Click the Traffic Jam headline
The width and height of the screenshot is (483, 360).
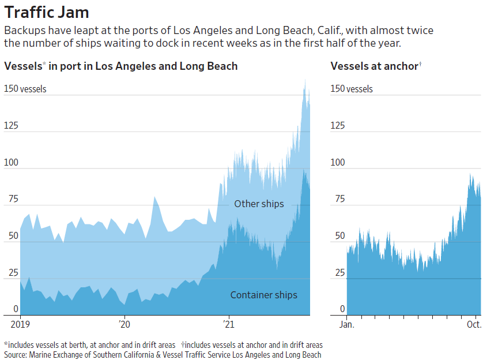point(47,12)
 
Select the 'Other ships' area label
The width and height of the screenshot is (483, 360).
point(259,204)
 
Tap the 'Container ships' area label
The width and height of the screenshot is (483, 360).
point(263,295)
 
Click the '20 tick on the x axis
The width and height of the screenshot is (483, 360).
point(124,324)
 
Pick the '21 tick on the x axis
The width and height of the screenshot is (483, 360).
point(229,324)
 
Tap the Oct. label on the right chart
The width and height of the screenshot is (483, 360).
point(474,324)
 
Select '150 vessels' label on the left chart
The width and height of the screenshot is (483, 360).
point(25,89)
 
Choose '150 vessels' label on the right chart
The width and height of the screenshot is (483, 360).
point(352,89)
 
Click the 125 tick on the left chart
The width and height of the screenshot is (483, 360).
point(11,126)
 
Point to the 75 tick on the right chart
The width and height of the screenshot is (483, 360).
point(337,200)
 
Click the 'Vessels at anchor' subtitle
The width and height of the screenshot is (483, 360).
point(375,66)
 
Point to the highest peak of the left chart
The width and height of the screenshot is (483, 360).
point(305,80)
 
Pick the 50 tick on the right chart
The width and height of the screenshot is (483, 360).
point(337,236)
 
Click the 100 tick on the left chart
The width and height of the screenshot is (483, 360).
point(11,163)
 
